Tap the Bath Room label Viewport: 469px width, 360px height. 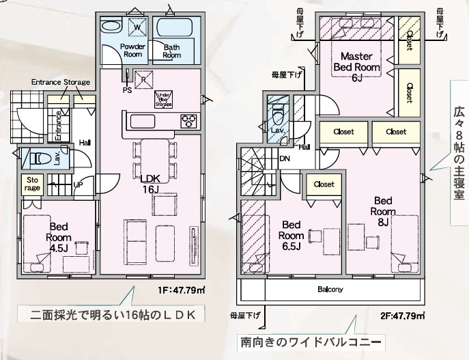(x=172, y=51)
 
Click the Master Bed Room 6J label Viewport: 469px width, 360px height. (x=356, y=66)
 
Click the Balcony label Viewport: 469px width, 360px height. (x=330, y=290)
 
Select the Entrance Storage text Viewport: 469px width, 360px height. (x=61, y=83)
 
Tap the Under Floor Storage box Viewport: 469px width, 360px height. (x=163, y=100)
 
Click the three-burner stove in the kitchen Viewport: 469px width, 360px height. (x=188, y=122)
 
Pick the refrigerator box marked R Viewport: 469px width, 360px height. (x=143, y=78)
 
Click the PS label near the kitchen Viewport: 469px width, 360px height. (x=126, y=89)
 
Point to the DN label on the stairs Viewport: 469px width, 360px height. (x=285, y=158)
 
